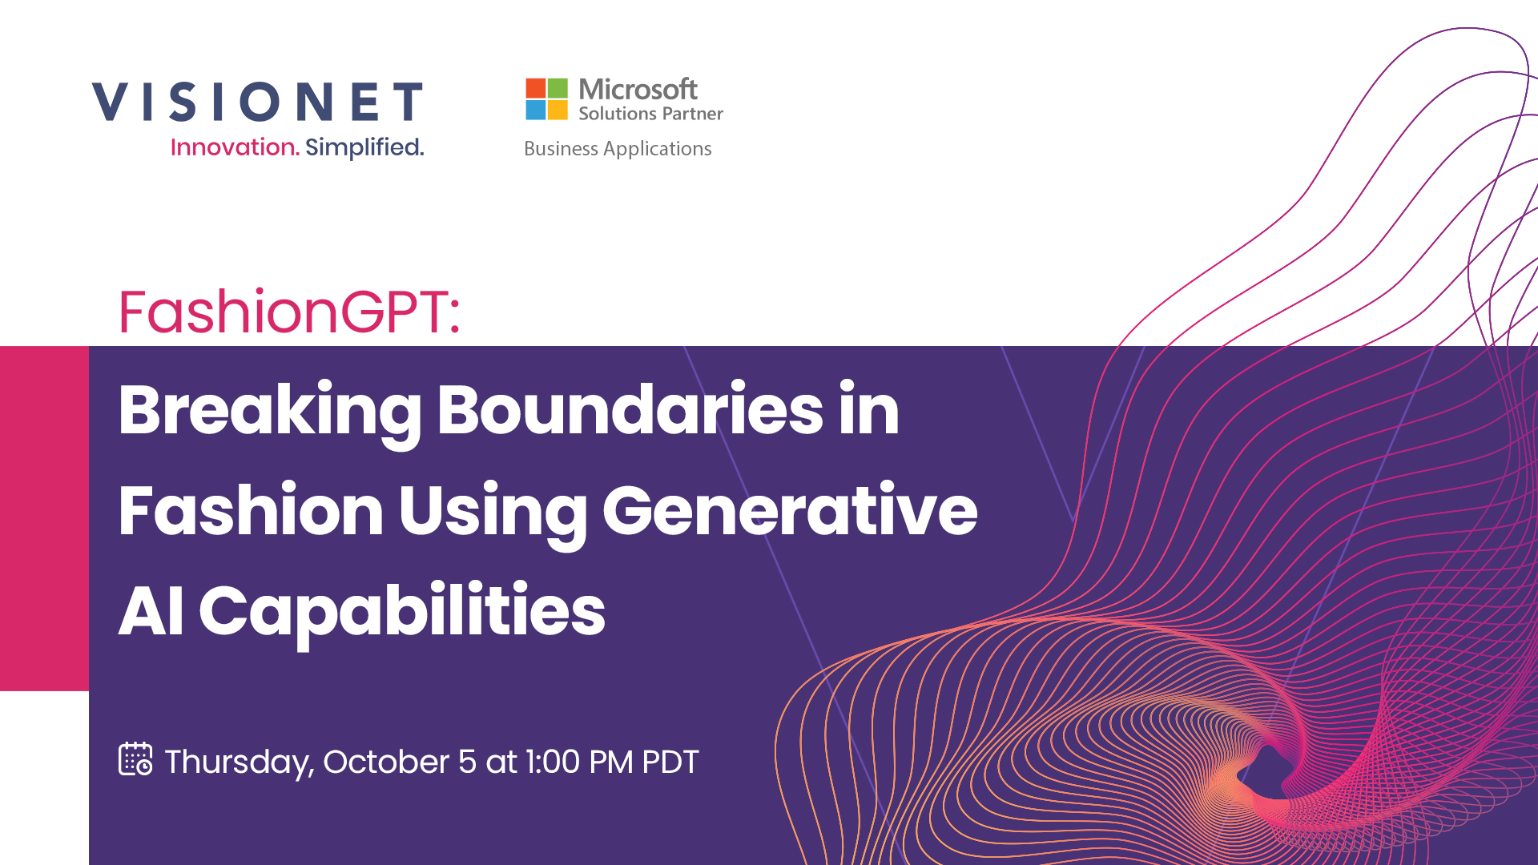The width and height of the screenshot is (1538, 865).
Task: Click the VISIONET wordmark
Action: tap(257, 102)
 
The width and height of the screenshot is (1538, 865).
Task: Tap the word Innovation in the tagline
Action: tap(235, 147)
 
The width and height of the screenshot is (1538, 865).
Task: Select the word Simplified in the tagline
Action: tap(364, 147)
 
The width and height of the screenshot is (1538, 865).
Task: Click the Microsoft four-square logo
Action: tap(546, 99)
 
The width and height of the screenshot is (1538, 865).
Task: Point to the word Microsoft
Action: tap(638, 89)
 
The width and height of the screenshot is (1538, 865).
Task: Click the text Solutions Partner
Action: tap(650, 114)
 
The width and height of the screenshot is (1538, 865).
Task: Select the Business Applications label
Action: tap(618, 149)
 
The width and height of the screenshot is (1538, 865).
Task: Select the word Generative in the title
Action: tap(790, 510)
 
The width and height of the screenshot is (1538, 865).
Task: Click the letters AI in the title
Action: tap(151, 611)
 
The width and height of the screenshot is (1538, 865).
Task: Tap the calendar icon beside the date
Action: tap(135, 759)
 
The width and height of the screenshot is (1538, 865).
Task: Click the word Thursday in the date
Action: tap(239, 763)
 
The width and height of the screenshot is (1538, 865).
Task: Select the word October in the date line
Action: tap(387, 762)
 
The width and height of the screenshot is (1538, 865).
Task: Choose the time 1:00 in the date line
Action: tap(552, 762)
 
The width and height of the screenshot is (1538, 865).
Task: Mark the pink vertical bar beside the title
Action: tap(44, 518)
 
